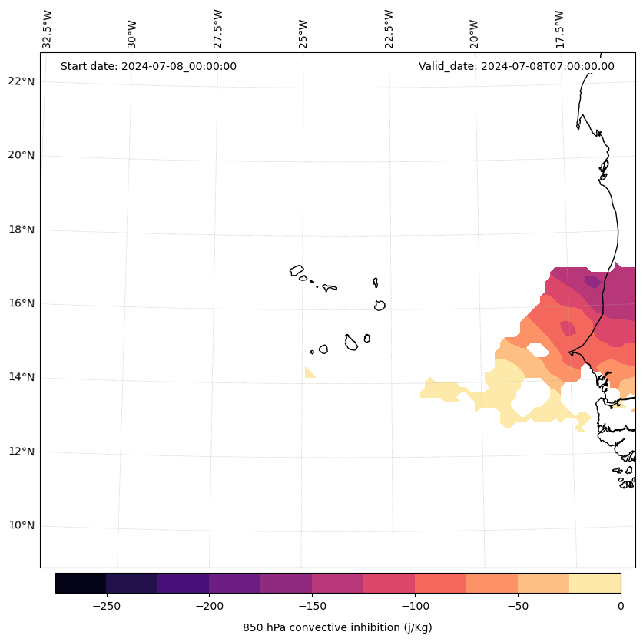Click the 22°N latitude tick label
(21, 82)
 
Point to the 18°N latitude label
(21, 230)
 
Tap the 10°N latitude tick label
(21, 526)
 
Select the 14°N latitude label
(21, 378)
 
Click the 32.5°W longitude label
(48, 29)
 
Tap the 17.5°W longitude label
(560, 29)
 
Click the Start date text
(148, 66)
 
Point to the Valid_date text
(516, 66)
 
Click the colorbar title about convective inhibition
(337, 627)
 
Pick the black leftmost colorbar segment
(81, 583)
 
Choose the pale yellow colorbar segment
(595, 583)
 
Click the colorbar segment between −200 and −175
(234, 583)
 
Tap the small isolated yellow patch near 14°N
(309, 372)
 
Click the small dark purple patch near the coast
(592, 281)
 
